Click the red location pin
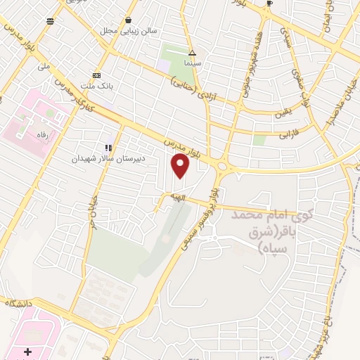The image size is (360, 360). click(x=181, y=166)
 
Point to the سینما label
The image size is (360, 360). click(x=192, y=63)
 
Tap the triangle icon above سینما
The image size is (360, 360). click(x=192, y=53)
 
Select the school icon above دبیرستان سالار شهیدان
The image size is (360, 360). click(x=108, y=148)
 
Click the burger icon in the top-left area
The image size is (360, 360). click(x=50, y=21)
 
